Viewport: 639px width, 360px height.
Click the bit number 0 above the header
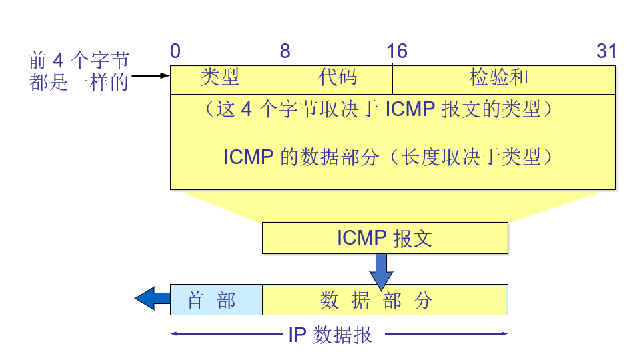point(175,51)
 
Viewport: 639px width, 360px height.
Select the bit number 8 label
point(285,51)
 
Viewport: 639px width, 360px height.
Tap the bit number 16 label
point(396,51)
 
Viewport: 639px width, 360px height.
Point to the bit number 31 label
point(606,51)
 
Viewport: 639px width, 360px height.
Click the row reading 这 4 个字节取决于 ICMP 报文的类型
point(392,109)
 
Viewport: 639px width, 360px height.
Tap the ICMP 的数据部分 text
point(392,157)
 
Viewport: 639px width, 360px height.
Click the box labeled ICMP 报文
point(385,238)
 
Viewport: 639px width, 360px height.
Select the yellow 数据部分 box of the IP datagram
point(385,300)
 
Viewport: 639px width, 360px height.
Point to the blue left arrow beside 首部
point(152,299)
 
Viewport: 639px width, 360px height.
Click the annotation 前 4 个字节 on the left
point(79,61)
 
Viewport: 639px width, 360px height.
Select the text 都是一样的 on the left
point(79,83)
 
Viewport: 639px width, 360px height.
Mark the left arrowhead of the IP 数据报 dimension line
point(174,334)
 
